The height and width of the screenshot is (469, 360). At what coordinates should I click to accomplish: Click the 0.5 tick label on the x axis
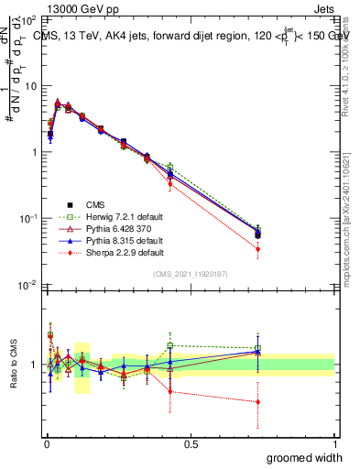(190, 444)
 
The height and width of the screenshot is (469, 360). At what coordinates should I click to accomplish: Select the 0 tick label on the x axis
(45, 444)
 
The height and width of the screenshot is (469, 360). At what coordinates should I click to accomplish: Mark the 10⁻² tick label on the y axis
(27, 285)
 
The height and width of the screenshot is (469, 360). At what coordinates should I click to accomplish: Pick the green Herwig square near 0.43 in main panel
(170, 167)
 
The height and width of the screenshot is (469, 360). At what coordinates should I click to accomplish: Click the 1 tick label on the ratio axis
(36, 365)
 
